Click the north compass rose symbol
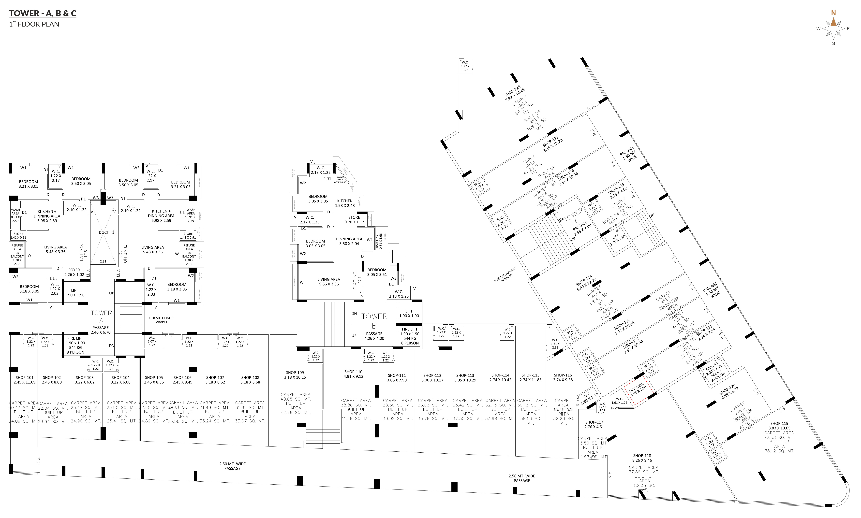pos(833,29)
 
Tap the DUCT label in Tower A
pos(104,232)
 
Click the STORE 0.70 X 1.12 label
pos(354,220)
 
